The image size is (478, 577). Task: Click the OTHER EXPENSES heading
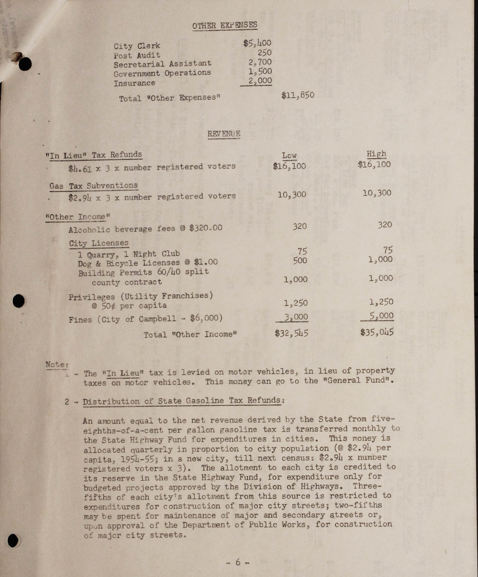pyautogui.click(x=225, y=25)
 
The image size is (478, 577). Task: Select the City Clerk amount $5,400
pyautogui.click(x=257, y=43)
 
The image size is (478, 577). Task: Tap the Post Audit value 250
pyautogui.click(x=264, y=52)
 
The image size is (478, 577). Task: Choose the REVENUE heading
pyautogui.click(x=224, y=134)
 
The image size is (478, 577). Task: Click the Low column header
pyautogui.click(x=289, y=155)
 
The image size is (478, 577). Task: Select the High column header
pyautogui.click(x=376, y=154)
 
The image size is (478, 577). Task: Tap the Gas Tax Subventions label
pyautogui.click(x=93, y=186)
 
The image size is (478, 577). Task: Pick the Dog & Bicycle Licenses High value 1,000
pyautogui.click(x=381, y=259)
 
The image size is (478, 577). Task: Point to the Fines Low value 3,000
pyautogui.click(x=296, y=317)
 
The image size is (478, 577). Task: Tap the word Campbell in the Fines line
pyautogui.click(x=157, y=319)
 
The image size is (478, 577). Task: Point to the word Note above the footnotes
pyautogui.click(x=56, y=365)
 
